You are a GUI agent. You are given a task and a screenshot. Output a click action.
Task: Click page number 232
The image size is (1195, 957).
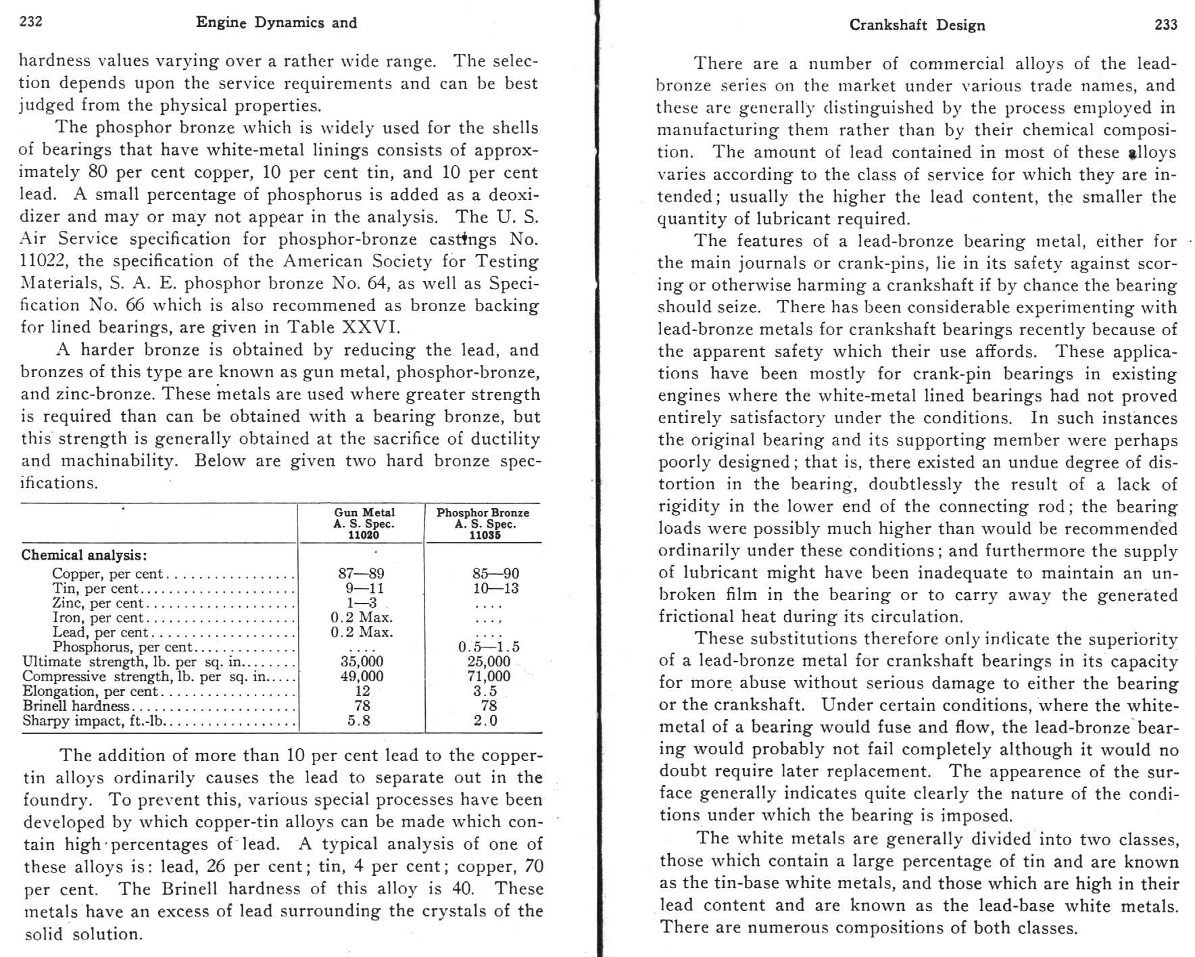click(31, 22)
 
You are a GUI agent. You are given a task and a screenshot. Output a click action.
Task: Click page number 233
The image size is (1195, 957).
click(1166, 25)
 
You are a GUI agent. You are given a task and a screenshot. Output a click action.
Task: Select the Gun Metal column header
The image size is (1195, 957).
click(364, 524)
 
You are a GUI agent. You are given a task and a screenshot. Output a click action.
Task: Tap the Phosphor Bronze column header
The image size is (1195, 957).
click(483, 524)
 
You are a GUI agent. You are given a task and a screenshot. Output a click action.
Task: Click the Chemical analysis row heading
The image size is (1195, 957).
click(84, 556)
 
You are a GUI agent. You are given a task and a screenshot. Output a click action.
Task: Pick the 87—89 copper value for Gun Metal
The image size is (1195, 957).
click(361, 574)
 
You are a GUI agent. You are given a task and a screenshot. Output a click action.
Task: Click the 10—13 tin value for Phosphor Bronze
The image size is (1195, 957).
click(495, 589)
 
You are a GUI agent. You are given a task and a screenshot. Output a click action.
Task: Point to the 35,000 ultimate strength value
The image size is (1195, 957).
click(362, 662)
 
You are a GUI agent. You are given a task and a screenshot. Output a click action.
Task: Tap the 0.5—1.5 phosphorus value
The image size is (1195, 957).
click(488, 647)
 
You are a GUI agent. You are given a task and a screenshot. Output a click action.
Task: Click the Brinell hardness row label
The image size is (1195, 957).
click(76, 706)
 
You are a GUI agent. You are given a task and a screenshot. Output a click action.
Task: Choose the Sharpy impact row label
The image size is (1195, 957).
click(93, 721)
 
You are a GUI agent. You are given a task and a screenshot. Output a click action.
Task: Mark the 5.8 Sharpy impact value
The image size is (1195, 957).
click(359, 721)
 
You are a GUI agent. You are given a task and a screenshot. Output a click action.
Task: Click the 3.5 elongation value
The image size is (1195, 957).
click(485, 691)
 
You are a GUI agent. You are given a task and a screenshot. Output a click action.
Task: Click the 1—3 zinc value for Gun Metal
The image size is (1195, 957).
click(361, 603)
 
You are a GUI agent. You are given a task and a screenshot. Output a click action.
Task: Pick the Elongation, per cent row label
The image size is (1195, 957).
click(90, 691)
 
